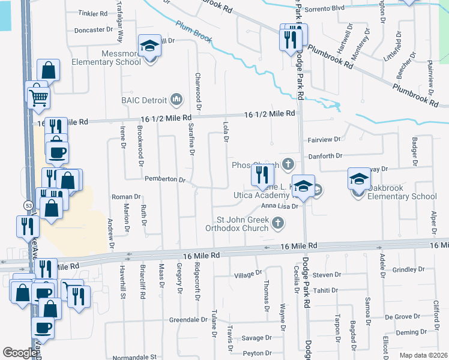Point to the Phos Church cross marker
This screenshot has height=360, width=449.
click(288, 164)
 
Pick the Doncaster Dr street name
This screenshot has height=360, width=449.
click(93, 30)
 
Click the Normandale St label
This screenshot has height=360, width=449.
click(140, 357)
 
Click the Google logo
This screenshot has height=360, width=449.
click(20, 353)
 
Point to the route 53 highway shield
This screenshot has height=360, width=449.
click(28, 206)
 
